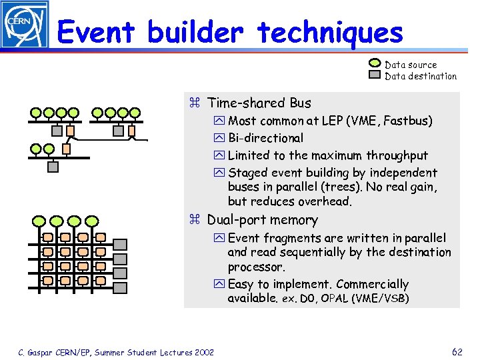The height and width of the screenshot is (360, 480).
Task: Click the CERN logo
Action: coord(24,25)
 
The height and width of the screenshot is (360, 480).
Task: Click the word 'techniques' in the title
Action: coord(330,31)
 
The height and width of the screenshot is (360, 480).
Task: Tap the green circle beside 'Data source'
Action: coord(375,65)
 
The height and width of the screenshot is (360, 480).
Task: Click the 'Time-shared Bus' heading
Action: coord(259,103)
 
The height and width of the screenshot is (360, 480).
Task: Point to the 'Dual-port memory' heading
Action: coord(262,220)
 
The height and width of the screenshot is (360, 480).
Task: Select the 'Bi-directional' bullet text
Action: coord(265,138)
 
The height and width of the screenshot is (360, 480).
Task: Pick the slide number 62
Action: coord(457,352)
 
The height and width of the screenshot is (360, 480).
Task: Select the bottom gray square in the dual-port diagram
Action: coord(120,273)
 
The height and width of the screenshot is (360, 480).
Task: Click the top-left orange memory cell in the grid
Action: coord(48,237)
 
